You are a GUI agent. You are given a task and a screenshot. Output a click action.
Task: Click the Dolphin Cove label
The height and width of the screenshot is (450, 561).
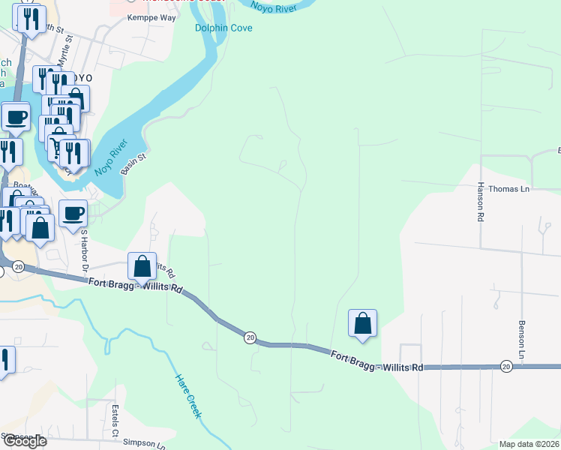[223, 28]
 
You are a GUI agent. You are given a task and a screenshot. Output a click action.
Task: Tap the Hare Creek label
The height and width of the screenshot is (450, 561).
[188, 396]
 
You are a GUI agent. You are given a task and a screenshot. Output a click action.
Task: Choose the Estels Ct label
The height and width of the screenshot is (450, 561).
[115, 421]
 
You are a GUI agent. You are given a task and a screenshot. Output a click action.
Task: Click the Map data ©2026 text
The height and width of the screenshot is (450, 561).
[529, 444]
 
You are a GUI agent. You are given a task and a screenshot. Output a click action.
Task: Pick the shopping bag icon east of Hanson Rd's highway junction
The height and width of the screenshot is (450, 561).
[362, 323]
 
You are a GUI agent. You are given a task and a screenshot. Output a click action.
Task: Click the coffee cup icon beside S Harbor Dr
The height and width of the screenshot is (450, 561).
[73, 214]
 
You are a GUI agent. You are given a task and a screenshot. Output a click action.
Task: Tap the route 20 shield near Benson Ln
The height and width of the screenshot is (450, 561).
[506, 366]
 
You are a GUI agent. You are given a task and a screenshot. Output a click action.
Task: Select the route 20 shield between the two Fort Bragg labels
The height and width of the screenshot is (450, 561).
[249, 338]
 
